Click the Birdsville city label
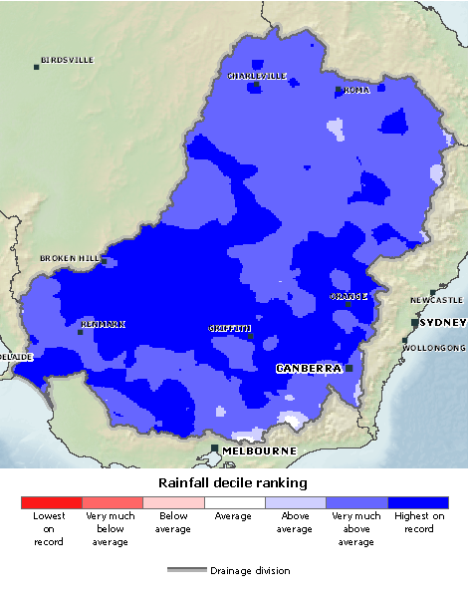click(68, 60)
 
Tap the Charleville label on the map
click(257, 76)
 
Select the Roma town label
click(356, 90)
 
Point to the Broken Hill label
click(70, 258)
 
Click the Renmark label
click(104, 324)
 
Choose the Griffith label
click(230, 328)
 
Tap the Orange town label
click(349, 296)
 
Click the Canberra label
click(309, 368)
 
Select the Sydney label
click(442, 323)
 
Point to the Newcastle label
click(437, 300)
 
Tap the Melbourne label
click(259, 450)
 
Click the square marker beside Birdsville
click(37, 67)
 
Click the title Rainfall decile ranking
click(232, 482)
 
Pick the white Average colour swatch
click(234, 502)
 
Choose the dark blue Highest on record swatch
click(418, 502)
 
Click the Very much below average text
click(111, 528)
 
